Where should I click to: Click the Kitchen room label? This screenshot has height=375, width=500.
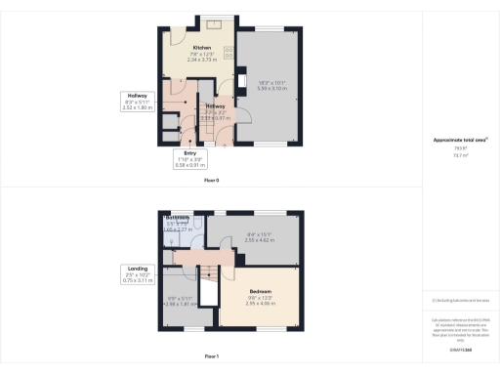202,47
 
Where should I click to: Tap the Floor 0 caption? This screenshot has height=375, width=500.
211,181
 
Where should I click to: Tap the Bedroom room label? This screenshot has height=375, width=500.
259,291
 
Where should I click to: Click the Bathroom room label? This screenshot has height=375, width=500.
176,219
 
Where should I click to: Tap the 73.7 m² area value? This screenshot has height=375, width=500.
459,154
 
